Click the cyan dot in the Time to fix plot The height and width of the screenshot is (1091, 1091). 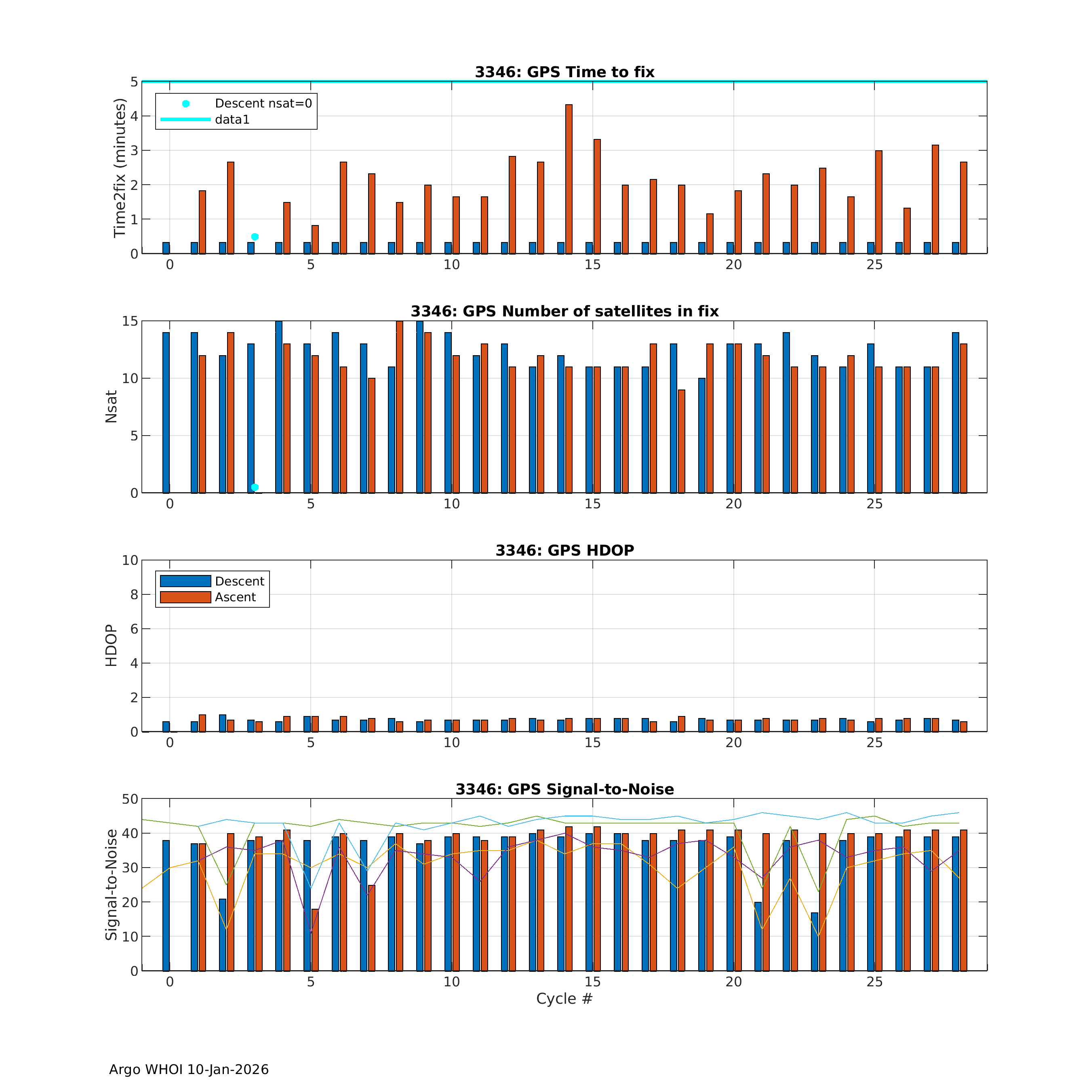click(255, 237)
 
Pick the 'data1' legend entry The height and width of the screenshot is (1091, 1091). click(232, 120)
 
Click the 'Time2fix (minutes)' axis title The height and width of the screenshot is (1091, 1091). click(119, 168)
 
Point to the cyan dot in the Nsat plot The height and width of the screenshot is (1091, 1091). click(255, 487)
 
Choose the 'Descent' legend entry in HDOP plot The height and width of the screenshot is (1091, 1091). click(240, 581)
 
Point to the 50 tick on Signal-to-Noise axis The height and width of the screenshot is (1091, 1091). click(130, 799)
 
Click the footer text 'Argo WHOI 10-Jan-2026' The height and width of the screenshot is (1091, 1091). click(189, 1070)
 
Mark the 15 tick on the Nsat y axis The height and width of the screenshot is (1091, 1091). click(130, 321)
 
